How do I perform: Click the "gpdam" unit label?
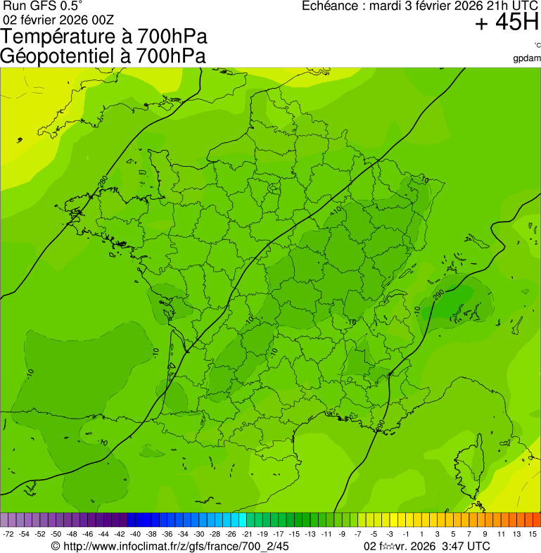coord(528,58)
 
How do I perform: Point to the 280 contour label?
coord(103,182)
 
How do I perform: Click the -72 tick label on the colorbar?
coord(8,535)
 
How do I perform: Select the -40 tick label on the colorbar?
coord(135,535)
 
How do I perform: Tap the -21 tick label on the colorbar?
coord(247,535)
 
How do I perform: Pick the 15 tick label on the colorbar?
coord(533,535)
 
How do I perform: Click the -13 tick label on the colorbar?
coord(310,535)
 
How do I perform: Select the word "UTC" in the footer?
coord(478,546)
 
